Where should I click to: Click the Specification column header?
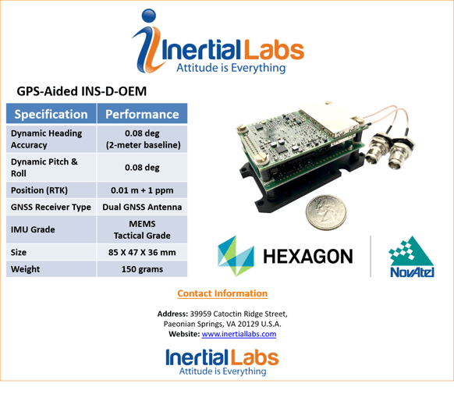(51, 114)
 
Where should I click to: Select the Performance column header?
(142, 114)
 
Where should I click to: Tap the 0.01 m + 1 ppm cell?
(142, 190)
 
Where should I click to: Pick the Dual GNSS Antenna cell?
(142, 207)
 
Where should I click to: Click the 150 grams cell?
(142, 269)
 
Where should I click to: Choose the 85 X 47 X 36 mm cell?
(142, 253)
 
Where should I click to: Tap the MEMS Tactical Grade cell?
(142, 229)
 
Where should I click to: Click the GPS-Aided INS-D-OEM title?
(82, 91)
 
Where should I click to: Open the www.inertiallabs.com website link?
(239, 334)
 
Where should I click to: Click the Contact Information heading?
(222, 293)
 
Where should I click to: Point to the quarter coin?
(326, 212)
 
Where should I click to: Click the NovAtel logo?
(411, 257)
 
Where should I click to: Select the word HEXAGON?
(308, 257)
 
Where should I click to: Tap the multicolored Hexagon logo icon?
(236, 256)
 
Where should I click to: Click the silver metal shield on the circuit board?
(329, 119)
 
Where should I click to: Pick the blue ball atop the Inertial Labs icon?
(149, 16)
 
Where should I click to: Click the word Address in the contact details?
(172, 314)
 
